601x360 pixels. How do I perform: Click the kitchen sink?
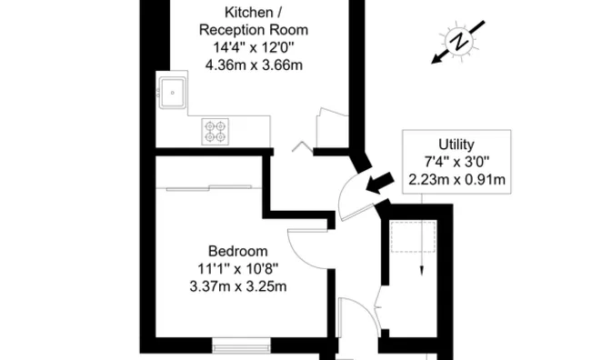pyautogui.click(x=173, y=91)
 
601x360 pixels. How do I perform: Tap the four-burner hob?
pyautogui.click(x=215, y=132)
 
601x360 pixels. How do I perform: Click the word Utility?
pyautogui.click(x=456, y=144)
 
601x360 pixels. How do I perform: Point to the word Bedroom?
pyautogui.click(x=237, y=251)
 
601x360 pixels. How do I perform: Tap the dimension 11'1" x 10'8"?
pyautogui.click(x=237, y=268)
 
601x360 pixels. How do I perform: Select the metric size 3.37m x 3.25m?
pyautogui.click(x=237, y=286)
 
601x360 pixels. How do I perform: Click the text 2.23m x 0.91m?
pyautogui.click(x=456, y=178)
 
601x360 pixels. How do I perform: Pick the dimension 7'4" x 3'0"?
pyautogui.click(x=456, y=161)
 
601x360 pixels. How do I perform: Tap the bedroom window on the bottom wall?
pyautogui.click(x=241, y=345)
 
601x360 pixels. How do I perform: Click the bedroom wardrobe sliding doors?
pyautogui.click(x=209, y=187)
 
